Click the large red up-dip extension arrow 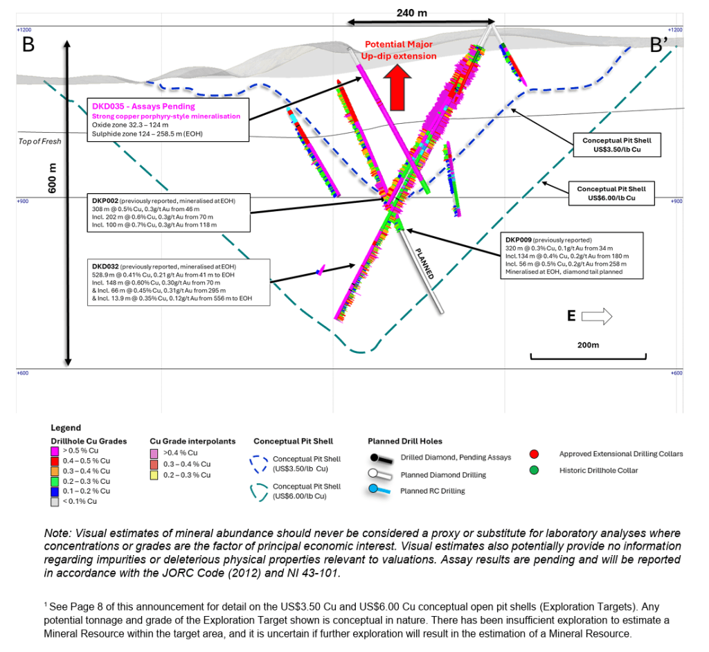[397, 87]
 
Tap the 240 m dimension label [412, 12]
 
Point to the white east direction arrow [598, 316]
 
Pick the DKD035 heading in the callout [143, 107]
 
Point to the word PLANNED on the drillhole [424, 264]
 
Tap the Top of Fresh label [40, 141]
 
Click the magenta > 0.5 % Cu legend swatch [55, 451]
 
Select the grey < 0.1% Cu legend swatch [55, 500]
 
